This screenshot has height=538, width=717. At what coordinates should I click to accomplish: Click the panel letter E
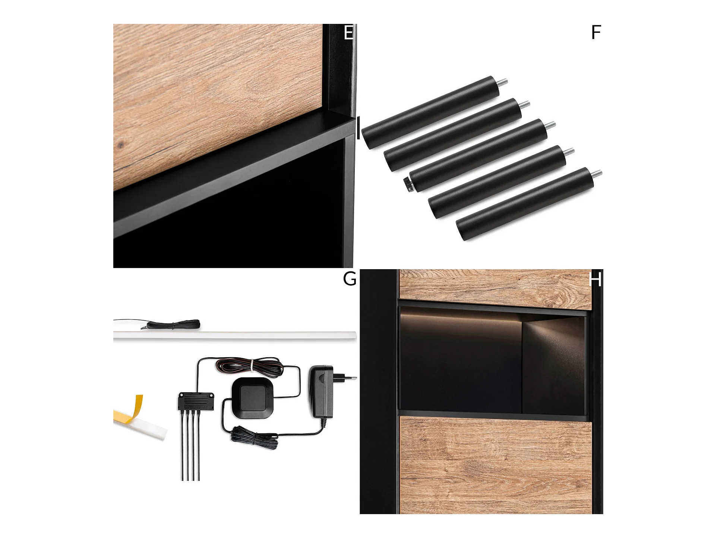click(349, 32)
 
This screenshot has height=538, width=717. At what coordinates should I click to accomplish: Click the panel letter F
click(596, 32)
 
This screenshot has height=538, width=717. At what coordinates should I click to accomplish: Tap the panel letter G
click(350, 279)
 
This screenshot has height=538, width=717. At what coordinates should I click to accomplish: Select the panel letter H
click(596, 279)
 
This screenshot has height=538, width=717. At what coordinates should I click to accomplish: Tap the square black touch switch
click(253, 397)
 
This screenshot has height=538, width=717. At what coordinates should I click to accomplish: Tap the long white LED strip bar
click(235, 336)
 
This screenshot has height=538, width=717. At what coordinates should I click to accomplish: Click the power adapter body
click(321, 391)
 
